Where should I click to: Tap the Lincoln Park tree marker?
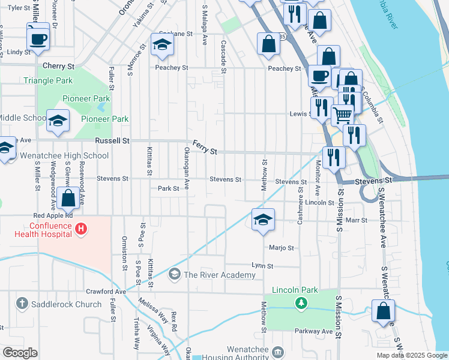(x=301, y=303)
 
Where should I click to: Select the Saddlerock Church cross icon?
(x=22, y=304)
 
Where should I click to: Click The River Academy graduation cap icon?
(x=175, y=275)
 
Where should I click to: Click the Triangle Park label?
(x=47, y=80)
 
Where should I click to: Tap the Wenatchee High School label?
(x=64, y=156)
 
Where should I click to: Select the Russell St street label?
(x=113, y=141)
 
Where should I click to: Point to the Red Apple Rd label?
(x=53, y=215)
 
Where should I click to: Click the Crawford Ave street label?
(x=106, y=292)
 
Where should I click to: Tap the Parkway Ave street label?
(x=313, y=331)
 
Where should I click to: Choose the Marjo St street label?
(x=281, y=247)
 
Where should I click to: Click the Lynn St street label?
(x=262, y=265)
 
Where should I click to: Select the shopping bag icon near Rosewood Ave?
(x=68, y=197)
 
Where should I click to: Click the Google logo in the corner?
(x=20, y=353)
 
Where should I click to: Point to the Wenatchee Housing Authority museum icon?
(x=277, y=350)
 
